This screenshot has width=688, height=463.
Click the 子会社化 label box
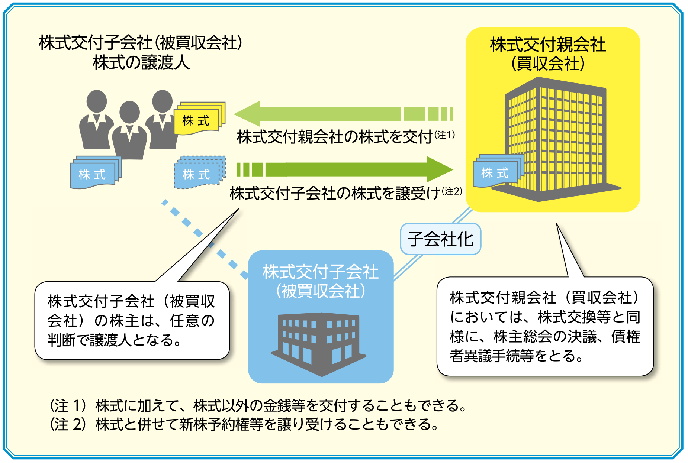tap(440, 239)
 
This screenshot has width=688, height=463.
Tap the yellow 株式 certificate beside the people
tap(199, 119)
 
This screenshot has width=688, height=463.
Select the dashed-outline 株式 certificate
tap(200, 172)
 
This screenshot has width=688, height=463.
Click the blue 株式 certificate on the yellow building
tap(498, 171)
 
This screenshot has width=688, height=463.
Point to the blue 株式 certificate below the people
tap(96, 172)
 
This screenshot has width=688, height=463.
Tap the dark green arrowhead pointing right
tap(440, 169)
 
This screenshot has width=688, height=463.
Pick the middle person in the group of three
tap(129, 130)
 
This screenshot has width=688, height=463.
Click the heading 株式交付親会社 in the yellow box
tap(548, 45)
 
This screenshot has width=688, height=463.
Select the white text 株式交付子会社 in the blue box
tap(321, 272)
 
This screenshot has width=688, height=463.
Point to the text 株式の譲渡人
tap(141, 62)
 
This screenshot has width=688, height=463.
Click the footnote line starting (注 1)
tap(258, 405)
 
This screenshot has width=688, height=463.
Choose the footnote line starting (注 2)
tap(244, 424)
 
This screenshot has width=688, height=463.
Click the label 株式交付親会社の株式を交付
tap(335, 137)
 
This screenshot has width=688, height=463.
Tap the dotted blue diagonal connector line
tap(205, 239)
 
